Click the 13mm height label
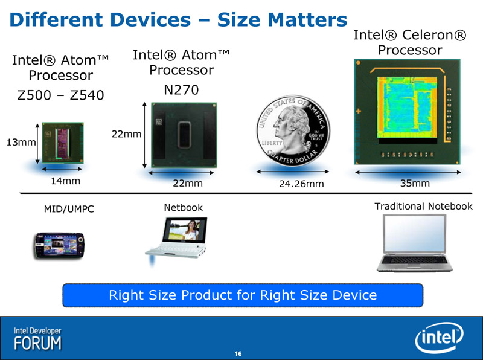click(21, 142)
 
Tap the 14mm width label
click(66, 181)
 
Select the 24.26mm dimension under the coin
click(301, 184)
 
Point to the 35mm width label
click(415, 184)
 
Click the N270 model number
click(181, 90)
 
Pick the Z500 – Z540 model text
click(60, 95)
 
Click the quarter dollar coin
click(293, 130)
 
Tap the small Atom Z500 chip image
click(63, 143)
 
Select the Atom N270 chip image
click(184, 135)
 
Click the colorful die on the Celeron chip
click(407, 108)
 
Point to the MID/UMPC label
click(69, 209)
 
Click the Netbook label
click(184, 208)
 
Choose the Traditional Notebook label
click(423, 206)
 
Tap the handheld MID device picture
click(59, 246)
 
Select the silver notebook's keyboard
click(415, 260)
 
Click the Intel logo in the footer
click(439, 338)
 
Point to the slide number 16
click(238, 353)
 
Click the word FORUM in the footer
click(37, 343)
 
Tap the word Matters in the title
click(307, 20)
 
